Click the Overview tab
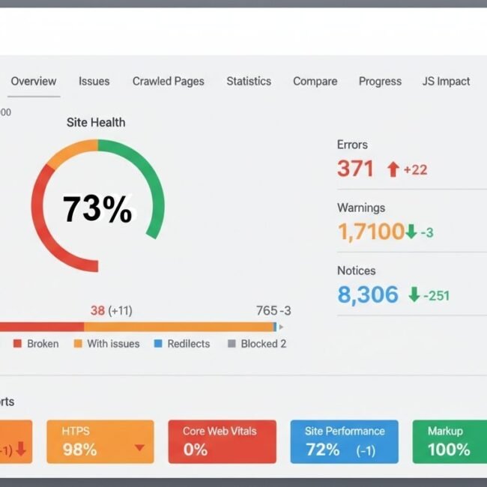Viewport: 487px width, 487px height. click(33, 81)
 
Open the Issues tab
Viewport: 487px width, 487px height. click(94, 81)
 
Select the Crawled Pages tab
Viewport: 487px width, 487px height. click(168, 81)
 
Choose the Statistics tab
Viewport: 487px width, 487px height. click(249, 81)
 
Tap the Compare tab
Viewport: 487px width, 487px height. click(315, 81)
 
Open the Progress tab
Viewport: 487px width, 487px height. click(380, 81)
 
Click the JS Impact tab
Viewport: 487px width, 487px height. click(446, 81)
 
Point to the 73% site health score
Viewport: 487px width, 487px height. click(97, 209)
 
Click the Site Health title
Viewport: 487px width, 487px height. click(96, 122)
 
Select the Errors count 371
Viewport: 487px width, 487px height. click(355, 169)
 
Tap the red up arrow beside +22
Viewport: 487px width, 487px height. click(393, 170)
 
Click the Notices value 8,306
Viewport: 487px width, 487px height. click(368, 294)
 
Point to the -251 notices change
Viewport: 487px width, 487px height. click(436, 295)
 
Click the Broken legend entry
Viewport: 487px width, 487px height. click(42, 344)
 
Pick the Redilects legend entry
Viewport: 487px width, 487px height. click(188, 344)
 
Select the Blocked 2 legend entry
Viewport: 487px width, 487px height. click(263, 344)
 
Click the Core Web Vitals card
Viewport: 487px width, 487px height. click(222, 441)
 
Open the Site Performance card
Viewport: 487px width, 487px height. click(344, 441)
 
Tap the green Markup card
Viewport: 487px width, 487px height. click(448, 441)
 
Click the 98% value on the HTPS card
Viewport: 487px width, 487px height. click(79, 450)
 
